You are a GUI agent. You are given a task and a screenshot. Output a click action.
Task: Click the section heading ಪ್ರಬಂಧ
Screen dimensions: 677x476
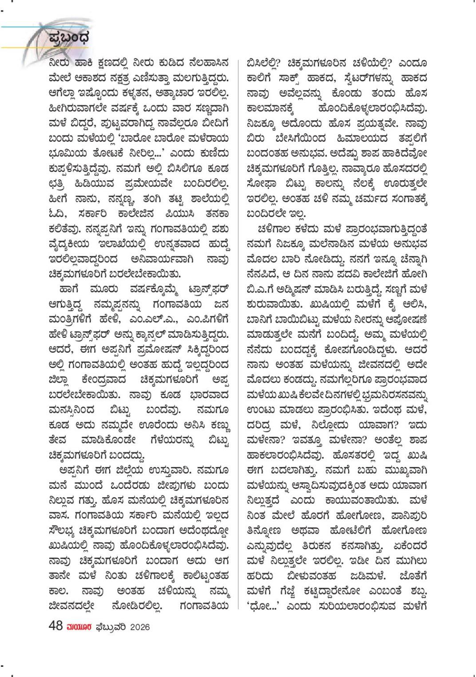[69, 37]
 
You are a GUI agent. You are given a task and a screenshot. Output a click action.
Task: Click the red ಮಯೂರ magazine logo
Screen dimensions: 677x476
[79, 626]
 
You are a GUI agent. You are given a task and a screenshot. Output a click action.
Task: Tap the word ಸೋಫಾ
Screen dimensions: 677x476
[262, 182]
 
